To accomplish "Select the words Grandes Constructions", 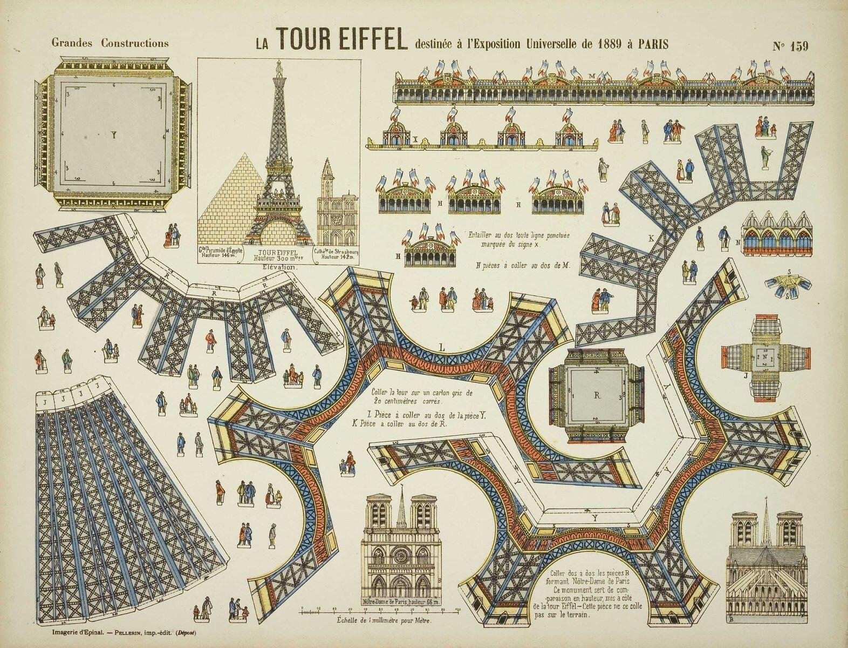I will click(110, 43).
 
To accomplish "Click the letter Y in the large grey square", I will click(114, 136).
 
